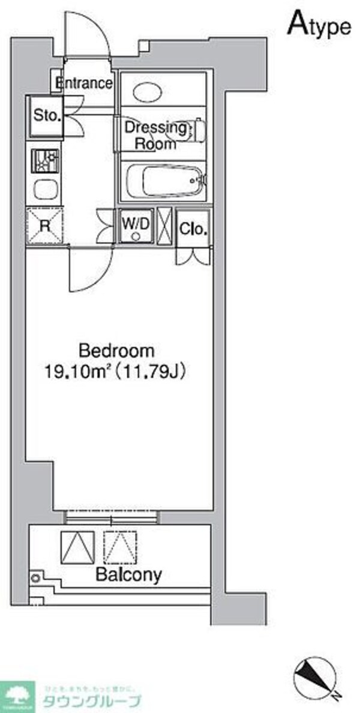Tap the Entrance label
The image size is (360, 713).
[85, 83]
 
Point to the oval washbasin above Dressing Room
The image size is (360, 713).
[147, 92]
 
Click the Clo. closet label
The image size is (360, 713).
[194, 228]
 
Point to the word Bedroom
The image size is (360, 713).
[116, 350]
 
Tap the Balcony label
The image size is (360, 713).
[129, 575]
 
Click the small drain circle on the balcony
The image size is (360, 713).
[36, 578]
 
